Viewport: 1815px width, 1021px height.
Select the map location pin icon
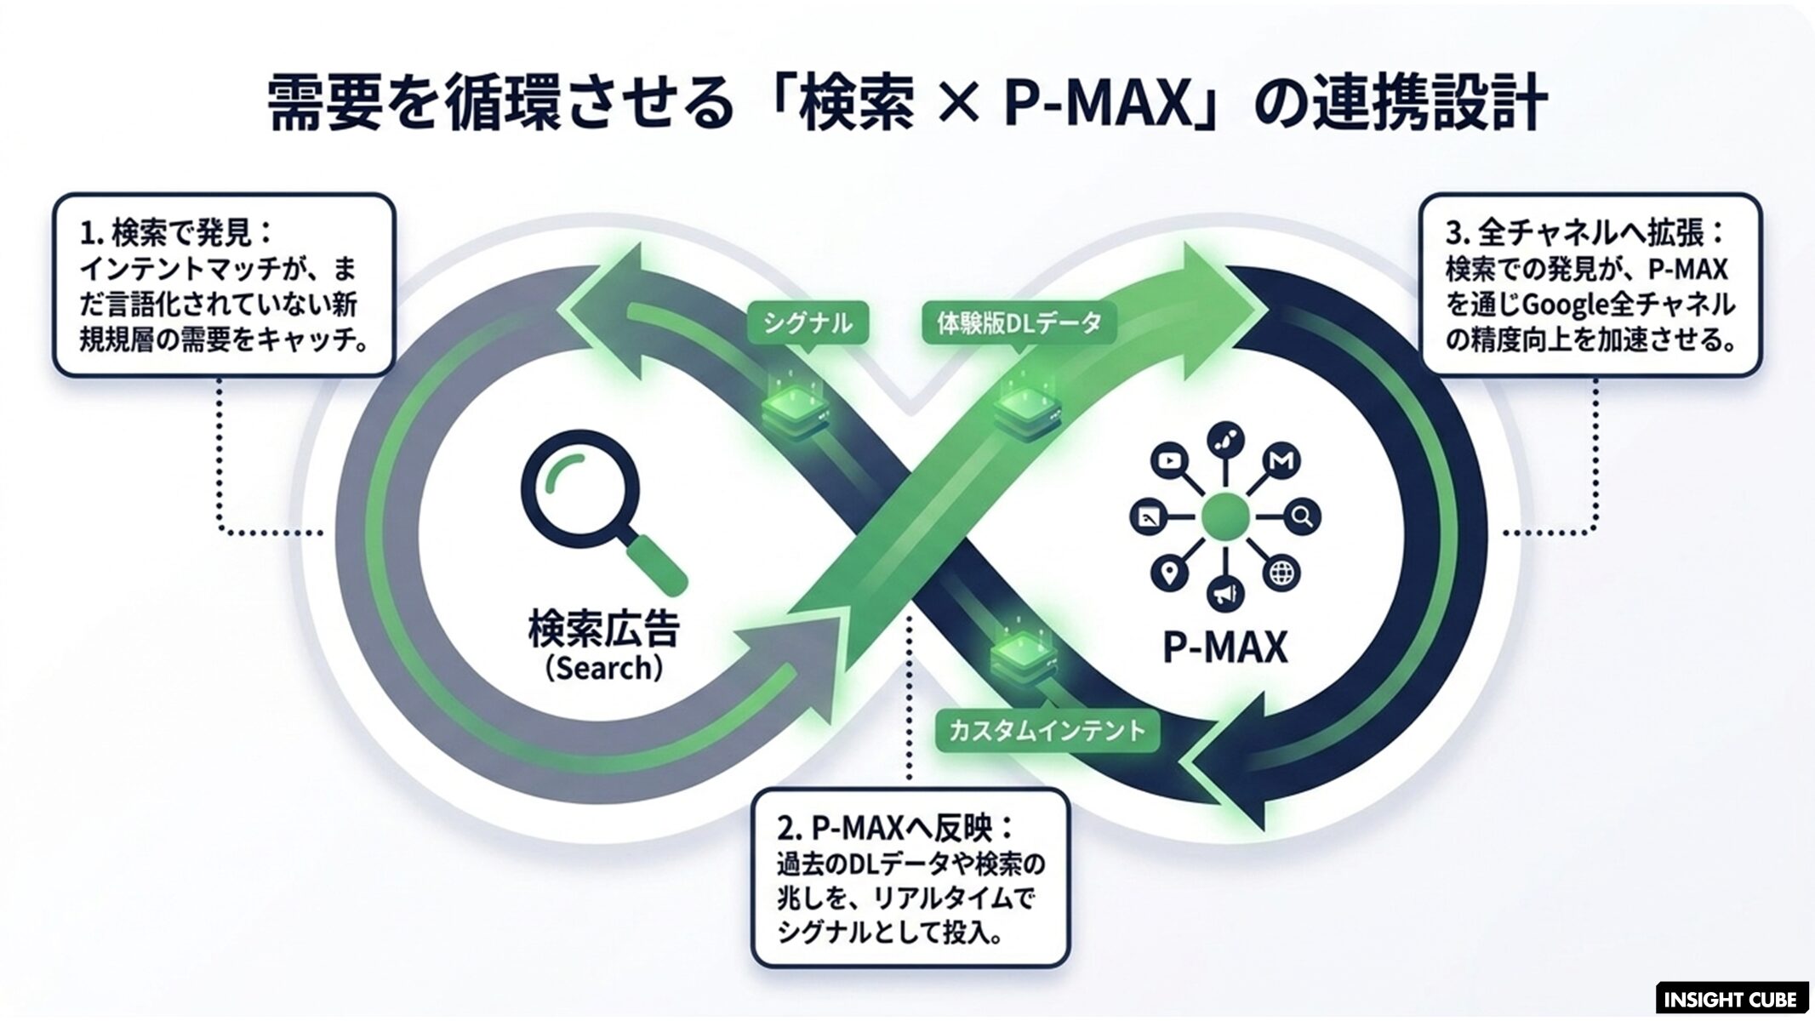tap(1170, 573)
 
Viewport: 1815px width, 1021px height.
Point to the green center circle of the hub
tap(1226, 516)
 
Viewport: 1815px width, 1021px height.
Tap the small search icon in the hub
tap(1301, 516)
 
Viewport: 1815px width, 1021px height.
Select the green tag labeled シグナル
tap(808, 323)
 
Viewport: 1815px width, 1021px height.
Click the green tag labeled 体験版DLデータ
tap(1019, 323)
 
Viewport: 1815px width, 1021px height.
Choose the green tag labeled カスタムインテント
tap(1047, 730)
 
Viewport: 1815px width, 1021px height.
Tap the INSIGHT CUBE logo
tap(1732, 999)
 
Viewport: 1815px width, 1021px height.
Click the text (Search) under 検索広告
tap(604, 668)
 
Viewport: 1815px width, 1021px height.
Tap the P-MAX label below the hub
tap(1225, 647)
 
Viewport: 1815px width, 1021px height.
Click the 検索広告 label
tap(604, 629)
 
